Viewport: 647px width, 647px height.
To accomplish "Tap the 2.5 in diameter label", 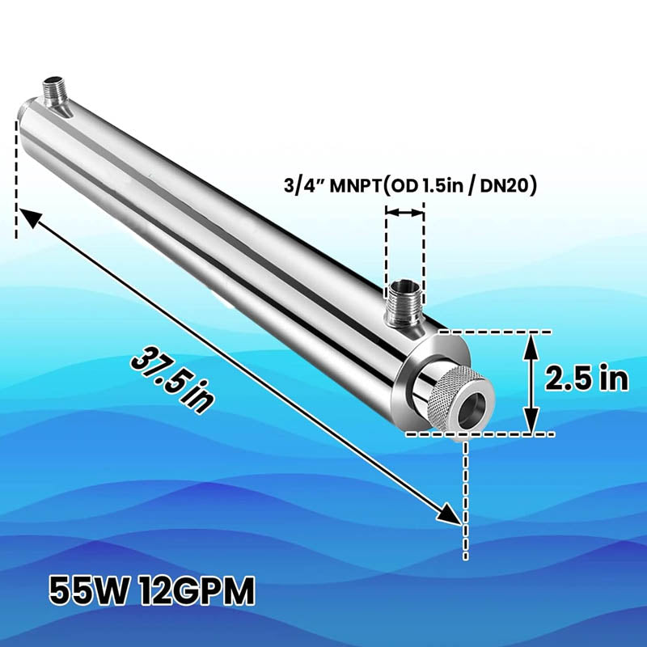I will pos(586,378).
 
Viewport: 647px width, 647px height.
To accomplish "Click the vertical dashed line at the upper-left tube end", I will pos(17,178).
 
